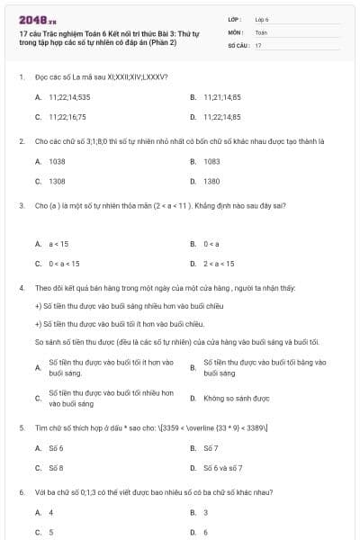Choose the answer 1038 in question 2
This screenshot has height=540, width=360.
click(x=57, y=161)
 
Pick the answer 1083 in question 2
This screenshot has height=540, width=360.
click(x=211, y=161)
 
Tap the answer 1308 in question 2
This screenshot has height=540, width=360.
click(x=57, y=181)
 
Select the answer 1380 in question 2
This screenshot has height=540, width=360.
click(x=211, y=181)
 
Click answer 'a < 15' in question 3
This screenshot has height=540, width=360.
click(x=58, y=244)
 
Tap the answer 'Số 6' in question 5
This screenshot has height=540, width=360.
click(x=56, y=447)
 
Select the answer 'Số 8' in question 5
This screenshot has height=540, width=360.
click(x=56, y=468)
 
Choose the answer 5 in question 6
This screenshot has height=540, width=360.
click(x=50, y=532)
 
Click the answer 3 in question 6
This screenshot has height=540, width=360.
click(x=206, y=512)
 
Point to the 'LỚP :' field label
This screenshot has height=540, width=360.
click(x=235, y=18)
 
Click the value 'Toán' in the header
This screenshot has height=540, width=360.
click(x=261, y=31)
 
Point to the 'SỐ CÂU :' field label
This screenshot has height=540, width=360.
click(x=238, y=44)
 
